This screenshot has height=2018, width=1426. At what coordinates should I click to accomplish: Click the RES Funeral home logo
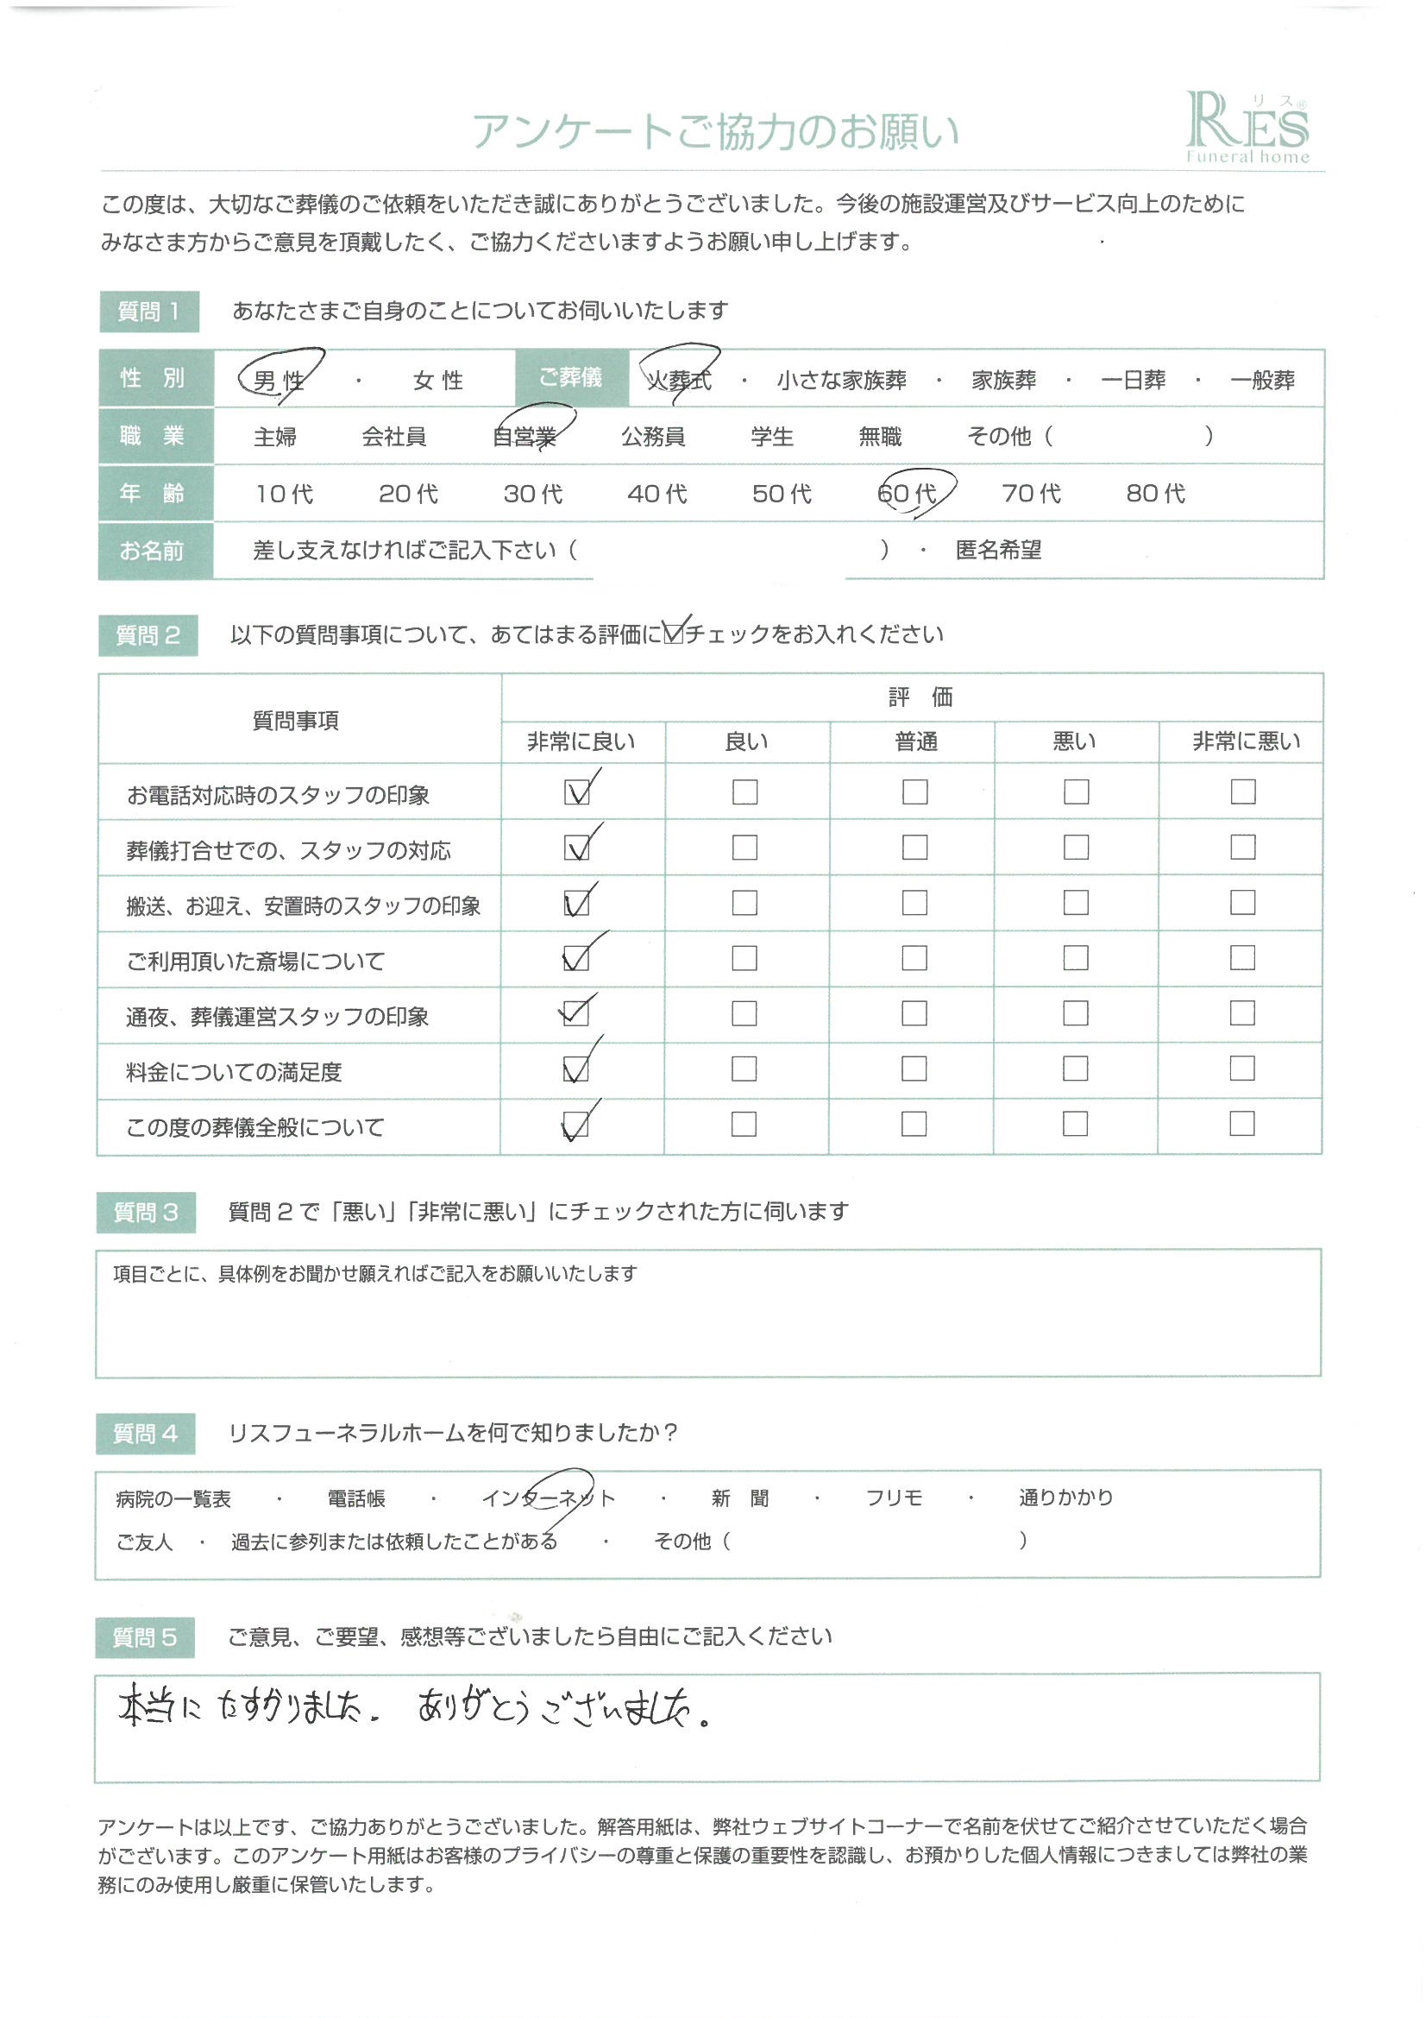tap(1247, 129)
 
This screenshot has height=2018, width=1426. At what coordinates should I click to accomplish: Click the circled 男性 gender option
tap(279, 380)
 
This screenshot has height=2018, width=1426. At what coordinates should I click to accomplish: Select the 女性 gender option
tap(437, 380)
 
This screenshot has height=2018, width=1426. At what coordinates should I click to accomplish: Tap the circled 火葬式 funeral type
tap(678, 380)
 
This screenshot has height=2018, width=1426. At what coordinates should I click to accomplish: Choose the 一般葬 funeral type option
tap(1262, 380)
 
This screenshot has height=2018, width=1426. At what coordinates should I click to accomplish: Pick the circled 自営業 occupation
tap(525, 436)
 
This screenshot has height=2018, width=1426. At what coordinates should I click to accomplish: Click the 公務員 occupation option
tap(653, 436)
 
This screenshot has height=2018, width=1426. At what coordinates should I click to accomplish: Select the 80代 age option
tap(1155, 493)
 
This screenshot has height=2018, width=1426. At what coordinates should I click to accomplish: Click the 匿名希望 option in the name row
tap(998, 550)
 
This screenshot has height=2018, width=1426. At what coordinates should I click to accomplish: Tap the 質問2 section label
tap(148, 634)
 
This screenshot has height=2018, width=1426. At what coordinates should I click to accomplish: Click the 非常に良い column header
tap(581, 741)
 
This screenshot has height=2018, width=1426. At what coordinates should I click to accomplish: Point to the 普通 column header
tap(915, 741)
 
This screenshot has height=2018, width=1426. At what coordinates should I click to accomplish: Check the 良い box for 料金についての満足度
tap(744, 1069)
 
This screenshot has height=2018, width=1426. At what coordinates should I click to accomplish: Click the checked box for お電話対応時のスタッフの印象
tap(577, 791)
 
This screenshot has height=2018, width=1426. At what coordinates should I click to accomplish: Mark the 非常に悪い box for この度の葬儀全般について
tap(1241, 1123)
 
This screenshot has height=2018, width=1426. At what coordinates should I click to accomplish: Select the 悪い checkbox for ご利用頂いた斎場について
tap(1076, 958)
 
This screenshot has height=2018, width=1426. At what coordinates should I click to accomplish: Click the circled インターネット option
tap(549, 1498)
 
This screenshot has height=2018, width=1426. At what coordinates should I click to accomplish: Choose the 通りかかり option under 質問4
tap(1065, 1498)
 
